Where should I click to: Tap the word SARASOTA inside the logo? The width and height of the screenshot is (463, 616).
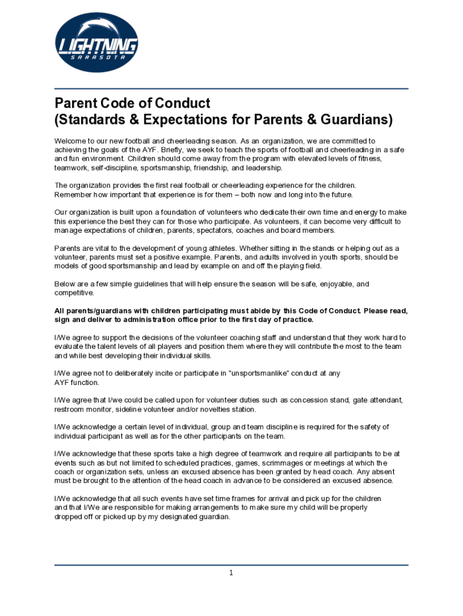[97, 58]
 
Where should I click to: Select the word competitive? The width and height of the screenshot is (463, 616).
[74, 293]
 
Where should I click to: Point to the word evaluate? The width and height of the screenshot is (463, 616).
[70, 346]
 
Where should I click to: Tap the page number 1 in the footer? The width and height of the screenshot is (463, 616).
[231, 573]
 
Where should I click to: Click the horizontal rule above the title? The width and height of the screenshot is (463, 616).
[231, 89]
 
